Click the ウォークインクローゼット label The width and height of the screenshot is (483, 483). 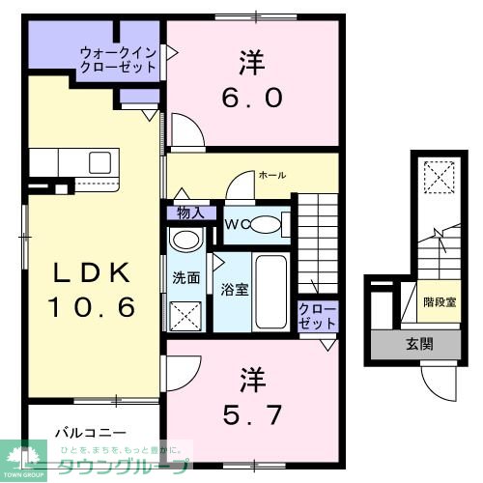pyautogui.click(x=118, y=60)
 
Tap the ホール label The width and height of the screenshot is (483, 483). pyautogui.click(x=271, y=175)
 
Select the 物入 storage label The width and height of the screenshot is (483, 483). pyautogui.click(x=190, y=213)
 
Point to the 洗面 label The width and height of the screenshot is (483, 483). pyautogui.click(x=186, y=277)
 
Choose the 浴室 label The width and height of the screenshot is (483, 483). pyautogui.click(x=232, y=288)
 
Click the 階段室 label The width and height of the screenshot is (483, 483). pyautogui.click(x=440, y=301)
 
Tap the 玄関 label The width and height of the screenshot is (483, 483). pyautogui.click(x=416, y=345)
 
